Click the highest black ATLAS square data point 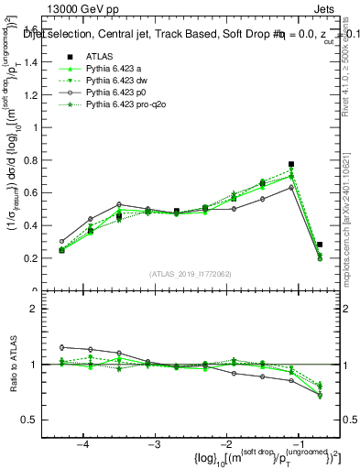291,164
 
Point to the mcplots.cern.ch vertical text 352,210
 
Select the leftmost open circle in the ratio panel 62,347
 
